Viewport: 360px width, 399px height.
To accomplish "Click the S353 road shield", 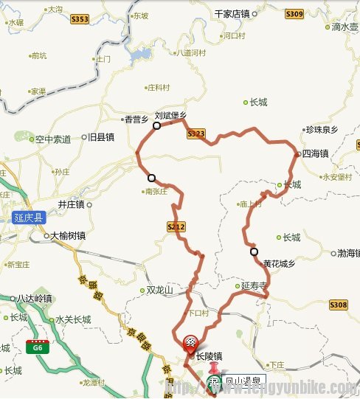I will coord(80,19).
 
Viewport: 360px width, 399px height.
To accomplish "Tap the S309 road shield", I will coord(294,14).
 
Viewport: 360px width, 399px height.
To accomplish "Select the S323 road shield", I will coord(195,133).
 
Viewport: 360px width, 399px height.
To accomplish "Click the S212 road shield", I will coord(175,226).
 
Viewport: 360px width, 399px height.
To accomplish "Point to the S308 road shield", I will coord(339,305).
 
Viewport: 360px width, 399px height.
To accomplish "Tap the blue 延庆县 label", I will coord(30,218).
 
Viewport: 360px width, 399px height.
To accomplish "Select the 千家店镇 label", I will coord(232,14).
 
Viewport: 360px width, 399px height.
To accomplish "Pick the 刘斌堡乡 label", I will coord(170,115).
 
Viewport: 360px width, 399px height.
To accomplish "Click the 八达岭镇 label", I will coord(35,298).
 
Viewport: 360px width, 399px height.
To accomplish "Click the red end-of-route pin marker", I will coord(190,342).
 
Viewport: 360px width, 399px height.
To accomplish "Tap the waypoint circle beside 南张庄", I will coord(151,178).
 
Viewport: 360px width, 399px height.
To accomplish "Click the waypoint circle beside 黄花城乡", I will coord(255,252).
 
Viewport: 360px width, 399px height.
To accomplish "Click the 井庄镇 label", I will coord(72,204).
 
